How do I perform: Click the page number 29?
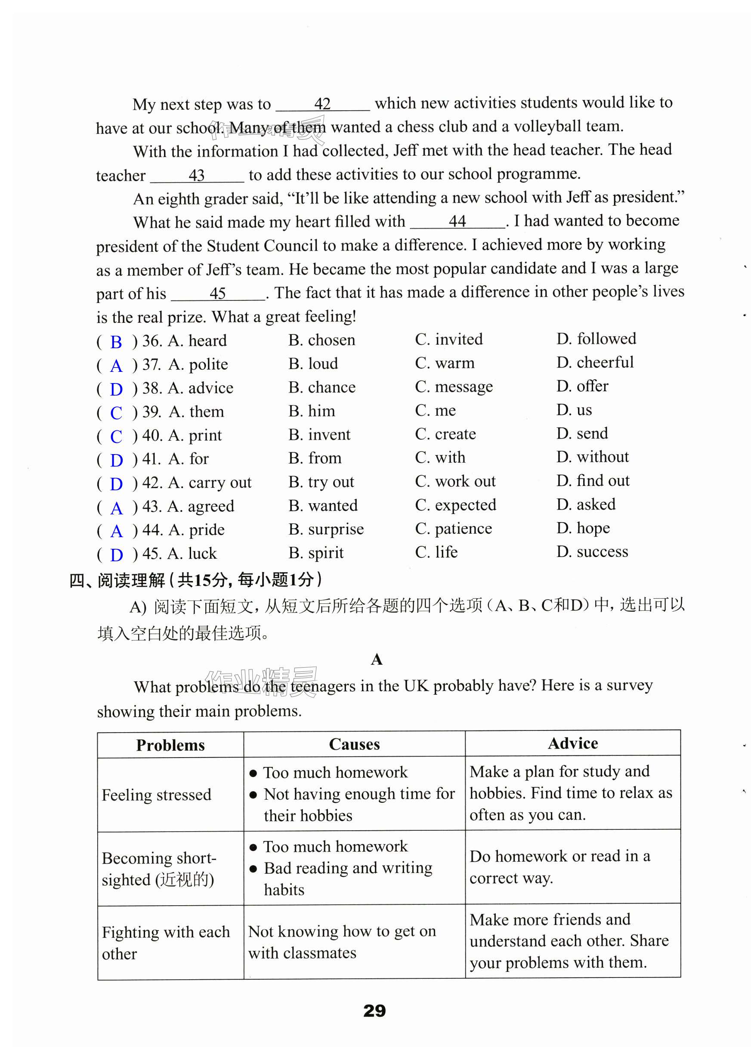tap(374, 1010)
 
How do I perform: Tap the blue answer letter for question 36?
tap(116, 342)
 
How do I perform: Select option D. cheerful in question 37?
tap(595, 362)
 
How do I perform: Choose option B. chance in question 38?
tap(322, 387)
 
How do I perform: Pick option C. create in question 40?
tap(445, 434)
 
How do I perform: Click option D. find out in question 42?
tap(593, 480)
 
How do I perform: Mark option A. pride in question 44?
tap(196, 529)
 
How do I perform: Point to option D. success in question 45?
tap(592, 551)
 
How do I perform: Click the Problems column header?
tap(170, 745)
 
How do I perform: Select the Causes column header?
tap(354, 744)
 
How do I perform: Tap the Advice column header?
tap(572, 743)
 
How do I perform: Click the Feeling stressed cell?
tap(156, 795)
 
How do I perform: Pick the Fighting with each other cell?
tap(166, 942)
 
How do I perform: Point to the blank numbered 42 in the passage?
tap(322, 104)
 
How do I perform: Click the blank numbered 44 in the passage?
tap(457, 222)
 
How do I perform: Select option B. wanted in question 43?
tap(323, 505)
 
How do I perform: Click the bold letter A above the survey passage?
tap(377, 659)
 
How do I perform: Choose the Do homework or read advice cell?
tap(559, 866)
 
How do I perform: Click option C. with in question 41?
tap(440, 457)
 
